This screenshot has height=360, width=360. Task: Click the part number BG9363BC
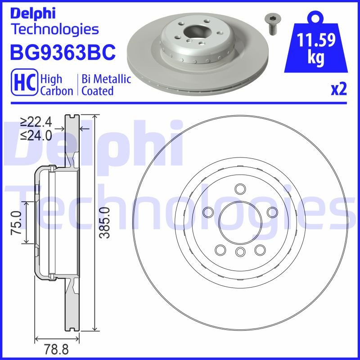coord(63,53)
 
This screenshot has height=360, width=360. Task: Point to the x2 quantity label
coord(338,90)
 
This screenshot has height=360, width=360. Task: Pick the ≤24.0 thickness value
coord(36,134)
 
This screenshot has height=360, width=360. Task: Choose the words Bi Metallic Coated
coord(106,85)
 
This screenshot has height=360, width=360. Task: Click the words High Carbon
coord(57,85)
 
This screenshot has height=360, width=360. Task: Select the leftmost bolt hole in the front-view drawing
coord(208,212)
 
